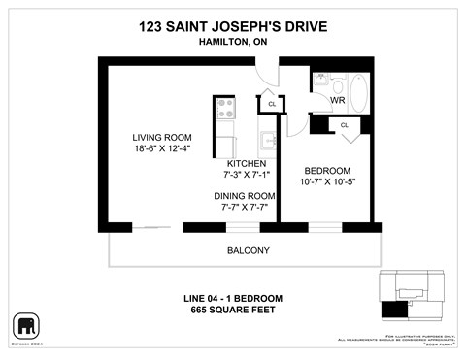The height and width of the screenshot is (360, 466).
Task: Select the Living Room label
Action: coord(162,137)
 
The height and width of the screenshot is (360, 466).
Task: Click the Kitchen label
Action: coord(248,163)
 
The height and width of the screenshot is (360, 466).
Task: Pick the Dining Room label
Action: coord(245,195)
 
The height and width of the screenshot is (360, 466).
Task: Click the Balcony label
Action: coord(248,250)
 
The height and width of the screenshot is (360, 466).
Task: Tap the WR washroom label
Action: coord(338,100)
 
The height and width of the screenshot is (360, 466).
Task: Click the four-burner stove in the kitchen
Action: coord(225,106)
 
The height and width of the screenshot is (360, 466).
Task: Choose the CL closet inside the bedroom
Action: coord(345,125)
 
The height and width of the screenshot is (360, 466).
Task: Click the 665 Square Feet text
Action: coord(234,310)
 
